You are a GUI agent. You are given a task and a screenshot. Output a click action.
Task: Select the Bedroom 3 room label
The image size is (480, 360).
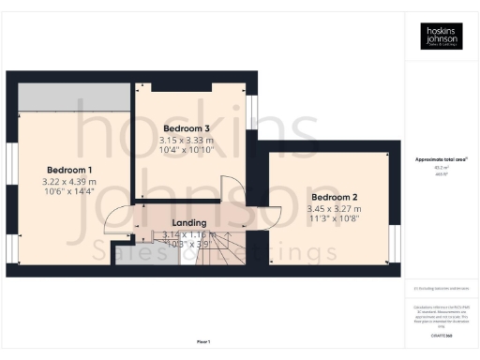(x=187, y=127)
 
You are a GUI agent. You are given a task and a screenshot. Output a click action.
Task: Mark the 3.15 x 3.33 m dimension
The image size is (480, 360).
(x=187, y=140)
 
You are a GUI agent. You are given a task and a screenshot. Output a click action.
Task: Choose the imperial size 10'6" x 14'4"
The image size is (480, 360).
(x=71, y=191)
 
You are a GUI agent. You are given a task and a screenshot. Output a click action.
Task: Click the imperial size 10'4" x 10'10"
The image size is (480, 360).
(x=187, y=150)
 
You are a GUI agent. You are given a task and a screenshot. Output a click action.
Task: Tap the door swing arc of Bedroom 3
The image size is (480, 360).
(x=229, y=189)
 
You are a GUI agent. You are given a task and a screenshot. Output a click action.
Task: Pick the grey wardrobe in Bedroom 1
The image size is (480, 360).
(x=71, y=95)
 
